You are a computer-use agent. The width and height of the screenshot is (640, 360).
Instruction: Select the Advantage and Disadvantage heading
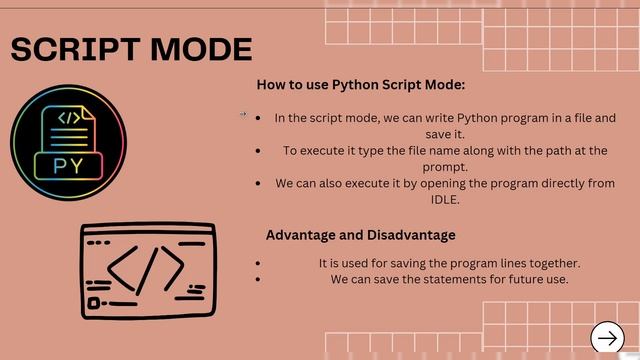click(x=360, y=235)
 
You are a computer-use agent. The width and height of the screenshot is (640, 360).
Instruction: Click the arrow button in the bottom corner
click(x=607, y=339)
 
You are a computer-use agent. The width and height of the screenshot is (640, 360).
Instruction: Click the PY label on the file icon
click(x=68, y=165)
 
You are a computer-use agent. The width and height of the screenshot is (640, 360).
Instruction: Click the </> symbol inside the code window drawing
click(x=146, y=269)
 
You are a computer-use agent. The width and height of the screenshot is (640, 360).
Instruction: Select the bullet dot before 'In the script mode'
click(x=258, y=118)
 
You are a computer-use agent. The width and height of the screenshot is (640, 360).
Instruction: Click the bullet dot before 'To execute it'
click(x=258, y=151)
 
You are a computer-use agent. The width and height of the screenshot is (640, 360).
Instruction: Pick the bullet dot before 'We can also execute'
click(x=258, y=184)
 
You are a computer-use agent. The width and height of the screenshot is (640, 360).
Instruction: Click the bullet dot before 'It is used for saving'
click(x=258, y=263)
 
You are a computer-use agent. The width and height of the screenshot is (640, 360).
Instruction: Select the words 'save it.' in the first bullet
click(x=444, y=134)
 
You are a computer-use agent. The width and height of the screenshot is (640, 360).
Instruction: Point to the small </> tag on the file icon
click(x=69, y=119)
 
